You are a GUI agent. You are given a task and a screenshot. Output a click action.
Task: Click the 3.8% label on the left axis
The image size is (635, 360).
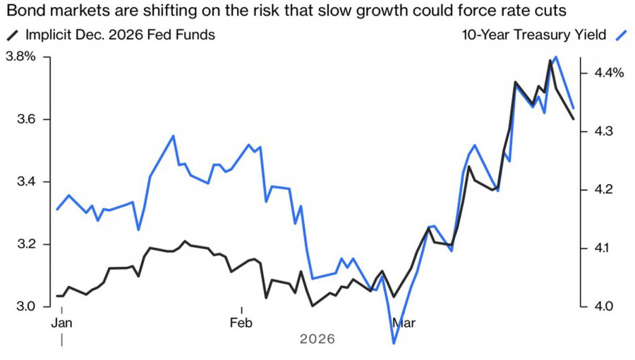click(20, 57)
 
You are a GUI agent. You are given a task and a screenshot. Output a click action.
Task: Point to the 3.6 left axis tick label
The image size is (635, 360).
click(17, 120)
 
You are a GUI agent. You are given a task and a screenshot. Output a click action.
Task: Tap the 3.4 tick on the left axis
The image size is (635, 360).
click(17, 182)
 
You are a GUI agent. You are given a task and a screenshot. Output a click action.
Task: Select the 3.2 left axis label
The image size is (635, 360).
click(17, 244)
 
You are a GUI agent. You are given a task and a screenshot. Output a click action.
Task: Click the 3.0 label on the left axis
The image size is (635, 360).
click(17, 306)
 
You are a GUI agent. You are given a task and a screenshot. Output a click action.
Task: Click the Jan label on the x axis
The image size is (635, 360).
click(62, 323)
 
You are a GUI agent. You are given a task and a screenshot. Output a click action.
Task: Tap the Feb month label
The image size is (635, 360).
click(241, 323)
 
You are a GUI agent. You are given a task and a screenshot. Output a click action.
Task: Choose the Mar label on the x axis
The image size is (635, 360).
click(404, 323)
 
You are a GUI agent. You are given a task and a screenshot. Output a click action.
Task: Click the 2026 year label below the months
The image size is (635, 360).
click(317, 340)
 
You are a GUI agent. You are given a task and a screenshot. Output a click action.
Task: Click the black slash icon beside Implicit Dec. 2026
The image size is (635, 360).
click(12, 35)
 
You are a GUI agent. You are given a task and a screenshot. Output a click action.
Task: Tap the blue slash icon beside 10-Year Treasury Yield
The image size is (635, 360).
click(620, 35)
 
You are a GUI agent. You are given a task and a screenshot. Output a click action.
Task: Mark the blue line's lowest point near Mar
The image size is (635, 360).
click(393, 343)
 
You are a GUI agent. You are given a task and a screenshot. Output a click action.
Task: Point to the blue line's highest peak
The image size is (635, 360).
click(557, 57)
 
